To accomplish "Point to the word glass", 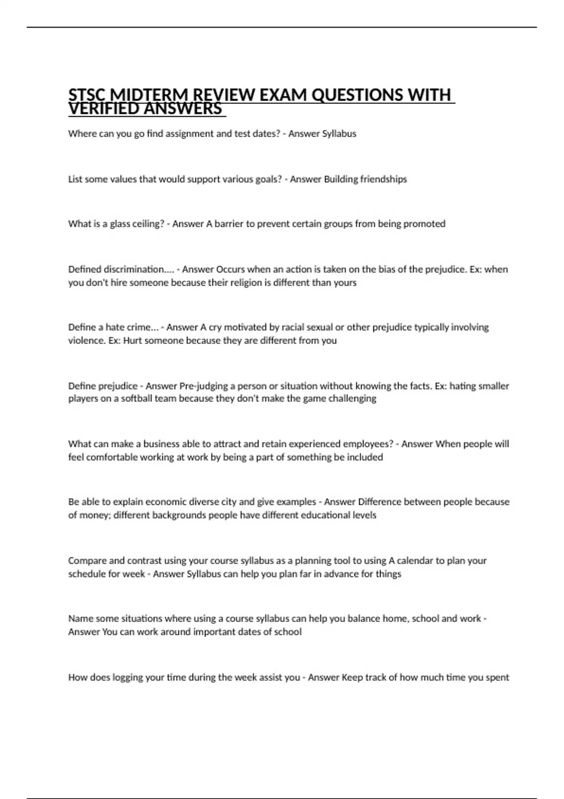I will coord(120,224).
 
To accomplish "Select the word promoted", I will coord(424,224).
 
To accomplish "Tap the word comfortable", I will coord(112,457).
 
